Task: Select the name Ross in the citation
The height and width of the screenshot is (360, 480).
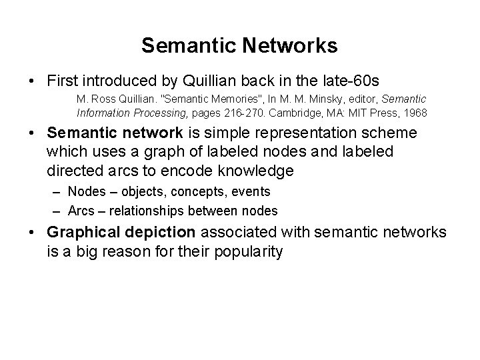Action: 101,98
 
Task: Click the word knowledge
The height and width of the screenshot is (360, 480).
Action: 257,171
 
